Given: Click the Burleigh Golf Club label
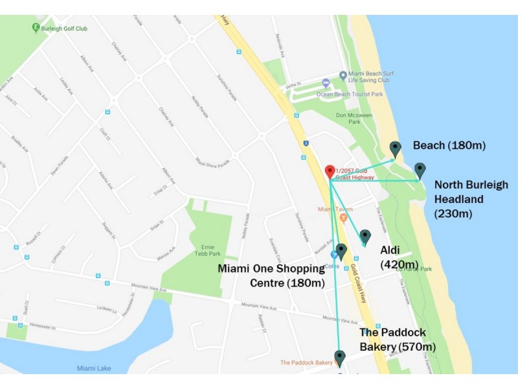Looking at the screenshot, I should (64, 29).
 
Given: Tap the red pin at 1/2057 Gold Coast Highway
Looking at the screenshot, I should (329, 172).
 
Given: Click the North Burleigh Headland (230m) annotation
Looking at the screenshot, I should (471, 198).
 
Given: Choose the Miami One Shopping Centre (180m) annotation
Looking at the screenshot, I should (271, 276).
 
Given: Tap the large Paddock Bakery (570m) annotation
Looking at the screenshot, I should (398, 340).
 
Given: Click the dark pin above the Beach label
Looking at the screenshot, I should (395, 148).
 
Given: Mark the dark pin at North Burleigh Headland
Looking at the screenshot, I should (420, 171).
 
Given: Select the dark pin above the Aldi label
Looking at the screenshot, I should (365, 237).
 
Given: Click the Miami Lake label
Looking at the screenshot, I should (93, 368).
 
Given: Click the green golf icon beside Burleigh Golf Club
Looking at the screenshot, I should (36, 28).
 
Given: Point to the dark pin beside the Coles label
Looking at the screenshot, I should (341, 252).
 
